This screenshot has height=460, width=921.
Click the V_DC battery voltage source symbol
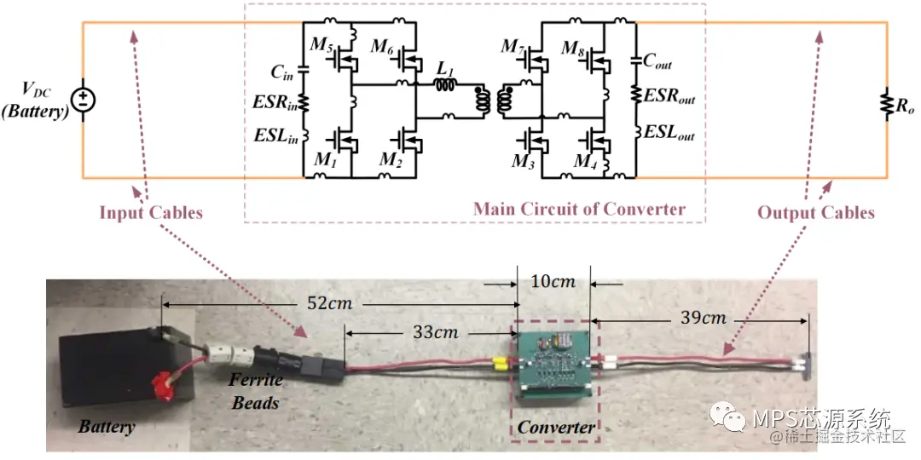[83, 101]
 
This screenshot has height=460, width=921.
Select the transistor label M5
[321, 46]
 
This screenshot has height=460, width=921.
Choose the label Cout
[658, 61]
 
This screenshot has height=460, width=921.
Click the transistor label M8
[572, 49]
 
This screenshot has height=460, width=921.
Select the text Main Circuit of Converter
[579, 209]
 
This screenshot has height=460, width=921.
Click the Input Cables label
[151, 212]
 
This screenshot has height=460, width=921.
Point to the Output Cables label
[816, 212]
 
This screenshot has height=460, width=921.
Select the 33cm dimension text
[434, 332]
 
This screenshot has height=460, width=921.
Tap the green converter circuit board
[554, 358]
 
